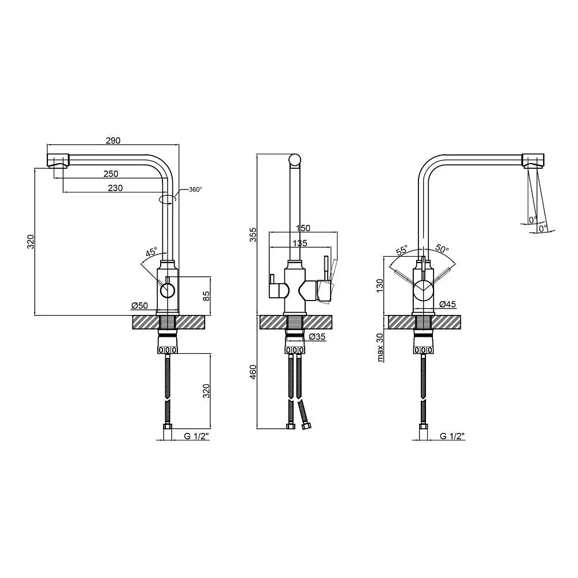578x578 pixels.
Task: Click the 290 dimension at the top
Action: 113,140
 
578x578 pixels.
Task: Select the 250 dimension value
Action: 111,173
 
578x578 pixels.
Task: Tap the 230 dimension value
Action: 116,188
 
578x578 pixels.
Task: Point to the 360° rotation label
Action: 195,190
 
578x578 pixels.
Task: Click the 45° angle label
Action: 151,253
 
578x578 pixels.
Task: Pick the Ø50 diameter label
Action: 139,306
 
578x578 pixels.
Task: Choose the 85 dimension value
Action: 206,295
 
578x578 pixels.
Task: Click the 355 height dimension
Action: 253,235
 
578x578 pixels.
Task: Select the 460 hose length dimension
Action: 253,372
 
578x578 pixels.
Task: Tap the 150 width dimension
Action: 303,228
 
